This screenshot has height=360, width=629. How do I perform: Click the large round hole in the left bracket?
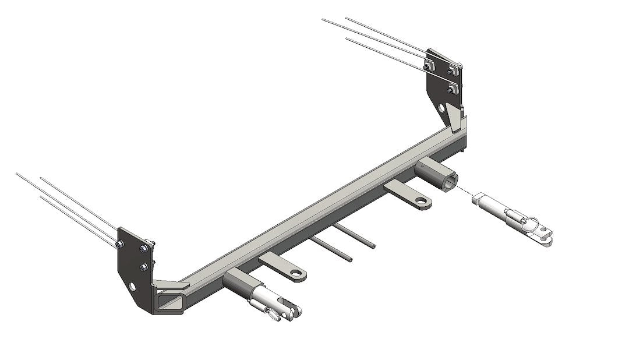coord(134,287)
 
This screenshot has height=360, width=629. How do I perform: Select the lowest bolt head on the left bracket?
coord(143,267)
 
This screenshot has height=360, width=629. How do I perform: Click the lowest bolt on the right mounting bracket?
coord(452,89)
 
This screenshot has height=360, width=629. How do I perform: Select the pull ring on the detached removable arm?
coord(533,222)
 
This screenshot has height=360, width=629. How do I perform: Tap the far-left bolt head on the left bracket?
coord(119,244)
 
